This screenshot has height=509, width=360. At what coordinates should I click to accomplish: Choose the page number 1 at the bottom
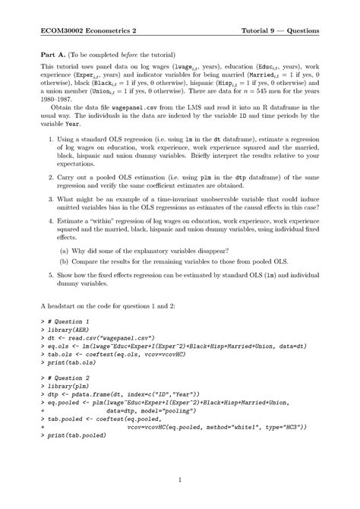point(180,480)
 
